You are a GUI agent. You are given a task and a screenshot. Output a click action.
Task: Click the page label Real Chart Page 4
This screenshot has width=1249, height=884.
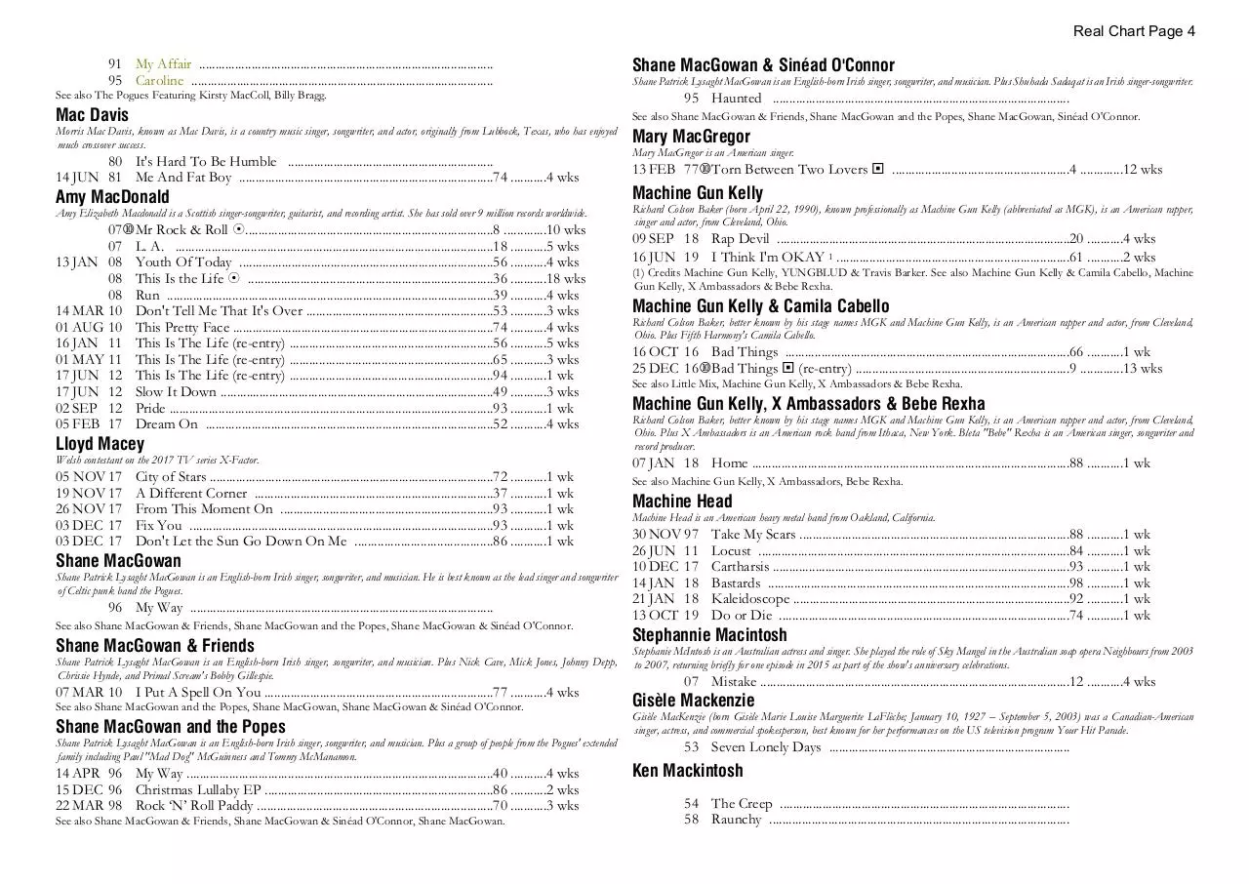pos(1134,31)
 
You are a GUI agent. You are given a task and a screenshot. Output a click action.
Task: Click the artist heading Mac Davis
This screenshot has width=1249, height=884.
pos(92,115)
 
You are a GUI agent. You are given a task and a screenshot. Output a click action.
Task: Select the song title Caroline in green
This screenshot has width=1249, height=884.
pos(159,81)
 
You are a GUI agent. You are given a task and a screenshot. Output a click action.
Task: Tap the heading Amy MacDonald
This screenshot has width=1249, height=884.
pos(112,197)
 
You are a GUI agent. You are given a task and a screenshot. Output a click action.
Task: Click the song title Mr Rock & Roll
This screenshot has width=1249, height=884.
pos(181,230)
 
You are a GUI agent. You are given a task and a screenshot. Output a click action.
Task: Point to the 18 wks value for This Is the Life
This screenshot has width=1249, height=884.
pos(566,279)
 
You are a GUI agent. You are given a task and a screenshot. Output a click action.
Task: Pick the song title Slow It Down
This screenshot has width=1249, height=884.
pos(176,392)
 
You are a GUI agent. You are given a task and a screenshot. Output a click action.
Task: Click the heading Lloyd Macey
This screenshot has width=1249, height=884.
pos(100,444)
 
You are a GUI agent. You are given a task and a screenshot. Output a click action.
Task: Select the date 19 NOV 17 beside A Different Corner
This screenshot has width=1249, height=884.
pos(89,494)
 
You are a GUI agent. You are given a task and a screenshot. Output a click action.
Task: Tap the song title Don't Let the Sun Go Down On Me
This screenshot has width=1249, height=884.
pos(241,542)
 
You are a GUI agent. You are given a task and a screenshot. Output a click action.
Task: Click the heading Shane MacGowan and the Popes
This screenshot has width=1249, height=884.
pos(171,727)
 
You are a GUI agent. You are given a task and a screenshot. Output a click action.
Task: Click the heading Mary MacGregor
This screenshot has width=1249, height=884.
pos(691,137)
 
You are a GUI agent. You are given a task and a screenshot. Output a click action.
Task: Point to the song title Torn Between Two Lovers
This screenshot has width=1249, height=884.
pos(788,170)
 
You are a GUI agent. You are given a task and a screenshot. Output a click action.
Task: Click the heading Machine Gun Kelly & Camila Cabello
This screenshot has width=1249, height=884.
pos(761,306)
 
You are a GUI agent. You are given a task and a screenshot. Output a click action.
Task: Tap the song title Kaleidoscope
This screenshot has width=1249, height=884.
pos(750,599)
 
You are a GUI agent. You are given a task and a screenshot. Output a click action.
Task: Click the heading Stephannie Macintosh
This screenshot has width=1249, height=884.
pos(709,635)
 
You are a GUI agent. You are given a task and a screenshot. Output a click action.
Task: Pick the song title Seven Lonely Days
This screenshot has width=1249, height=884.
pos(766,747)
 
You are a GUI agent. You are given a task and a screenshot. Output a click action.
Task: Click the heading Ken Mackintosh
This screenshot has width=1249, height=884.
pos(687,771)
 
